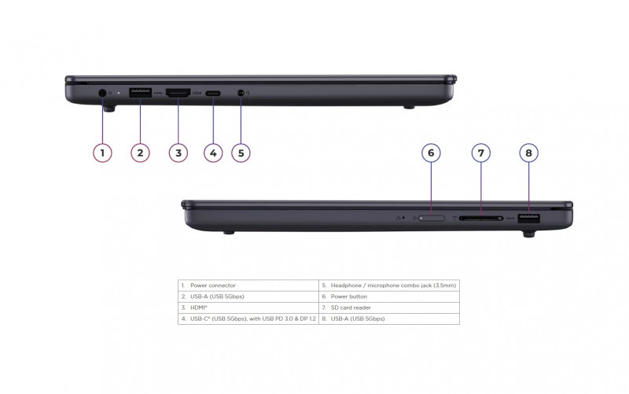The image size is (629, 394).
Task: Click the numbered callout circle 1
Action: tap(102, 153)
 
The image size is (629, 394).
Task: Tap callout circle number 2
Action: tap(140, 153)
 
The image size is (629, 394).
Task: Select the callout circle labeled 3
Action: tap(178, 153)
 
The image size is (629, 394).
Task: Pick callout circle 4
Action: tap(213, 153)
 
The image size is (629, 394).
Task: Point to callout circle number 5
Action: tap(241, 153)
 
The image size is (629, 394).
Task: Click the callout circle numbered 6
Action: tap(431, 153)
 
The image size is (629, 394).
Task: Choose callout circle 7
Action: tap(480, 153)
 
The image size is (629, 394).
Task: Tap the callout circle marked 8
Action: tap(528, 153)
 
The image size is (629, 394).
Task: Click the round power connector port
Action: tap(102, 93)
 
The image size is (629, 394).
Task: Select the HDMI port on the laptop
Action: tap(178, 93)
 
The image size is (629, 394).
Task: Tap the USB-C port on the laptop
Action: tap(213, 94)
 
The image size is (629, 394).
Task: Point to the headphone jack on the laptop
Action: tap(241, 93)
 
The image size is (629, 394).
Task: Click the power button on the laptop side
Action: tap(432, 219)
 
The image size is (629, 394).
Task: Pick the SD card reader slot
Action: tap(481, 219)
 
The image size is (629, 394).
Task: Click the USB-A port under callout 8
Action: tap(528, 219)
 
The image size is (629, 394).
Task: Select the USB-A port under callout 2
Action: tap(140, 93)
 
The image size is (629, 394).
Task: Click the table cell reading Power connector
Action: tap(248, 285)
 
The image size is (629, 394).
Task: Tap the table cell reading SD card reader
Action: tap(389, 307)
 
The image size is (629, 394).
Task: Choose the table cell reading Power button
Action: tap(389, 296)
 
